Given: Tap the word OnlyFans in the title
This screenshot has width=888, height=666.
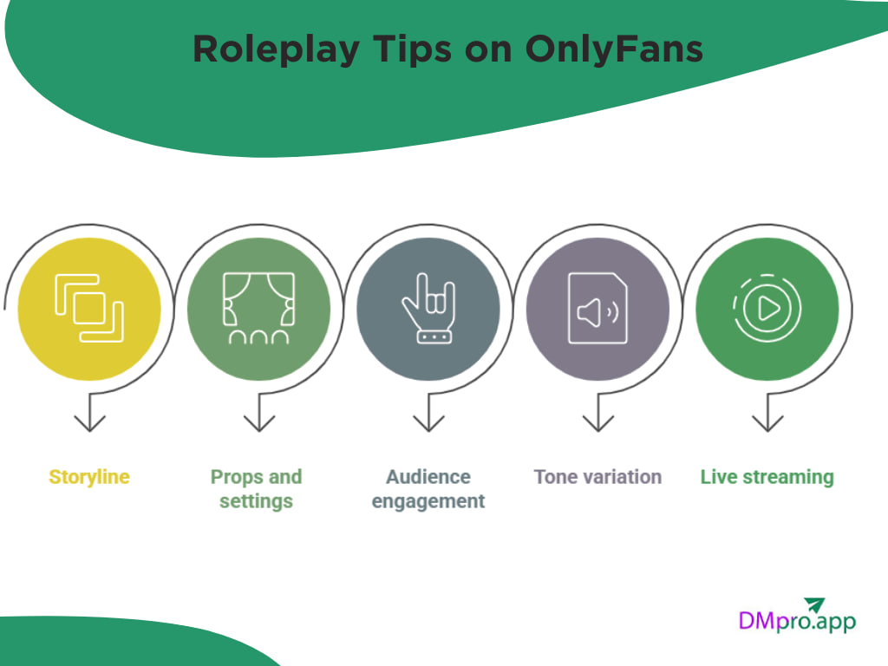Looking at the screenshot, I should point(613,49).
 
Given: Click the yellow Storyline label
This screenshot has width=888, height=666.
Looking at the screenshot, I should point(89,477).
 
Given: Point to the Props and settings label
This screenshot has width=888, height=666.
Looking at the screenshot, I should point(256,489).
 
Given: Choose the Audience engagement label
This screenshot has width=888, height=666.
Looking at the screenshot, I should point(428,489).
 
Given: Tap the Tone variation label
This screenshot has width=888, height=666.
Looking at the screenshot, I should point(597,477).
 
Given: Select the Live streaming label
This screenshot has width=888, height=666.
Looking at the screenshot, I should point(767,477).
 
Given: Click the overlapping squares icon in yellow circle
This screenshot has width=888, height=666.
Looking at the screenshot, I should point(89,308).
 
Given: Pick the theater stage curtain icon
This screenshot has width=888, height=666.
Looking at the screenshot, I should point(258,308).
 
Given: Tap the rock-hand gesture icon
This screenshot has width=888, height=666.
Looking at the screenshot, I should point(428,308).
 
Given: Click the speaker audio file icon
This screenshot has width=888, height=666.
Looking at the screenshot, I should point(597,308).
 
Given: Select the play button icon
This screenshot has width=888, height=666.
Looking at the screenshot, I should point(767,308).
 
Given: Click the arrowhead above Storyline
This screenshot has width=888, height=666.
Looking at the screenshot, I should point(89,422).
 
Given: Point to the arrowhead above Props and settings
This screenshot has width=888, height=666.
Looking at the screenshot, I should point(258,422).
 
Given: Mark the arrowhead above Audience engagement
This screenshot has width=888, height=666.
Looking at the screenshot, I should point(428,422).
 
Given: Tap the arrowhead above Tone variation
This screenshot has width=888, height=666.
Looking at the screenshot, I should point(597,422).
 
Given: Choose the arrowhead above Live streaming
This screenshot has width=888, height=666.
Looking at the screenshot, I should point(767,422).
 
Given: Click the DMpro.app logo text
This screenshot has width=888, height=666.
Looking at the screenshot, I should point(796,622).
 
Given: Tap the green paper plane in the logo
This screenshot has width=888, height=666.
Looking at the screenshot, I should point(813,604).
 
